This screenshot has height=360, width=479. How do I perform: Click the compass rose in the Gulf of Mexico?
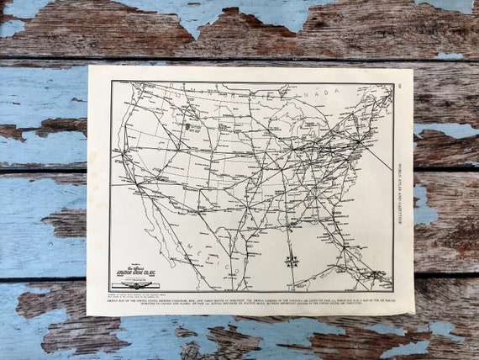(x=292, y=260)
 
